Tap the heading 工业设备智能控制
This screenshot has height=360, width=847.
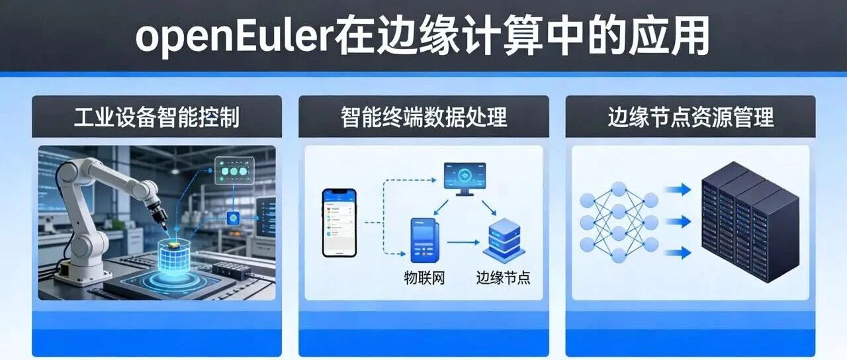coord(157,117)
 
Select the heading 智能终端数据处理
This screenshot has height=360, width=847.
coord(423,117)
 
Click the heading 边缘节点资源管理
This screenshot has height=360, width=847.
coord(690,117)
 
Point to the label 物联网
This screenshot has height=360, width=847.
coord(424,277)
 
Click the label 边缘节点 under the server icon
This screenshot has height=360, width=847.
coord(503,277)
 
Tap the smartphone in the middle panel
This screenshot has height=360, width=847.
coord(339,223)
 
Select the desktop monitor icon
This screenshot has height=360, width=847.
coord(465,179)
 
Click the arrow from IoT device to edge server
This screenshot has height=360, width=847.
coord(463,242)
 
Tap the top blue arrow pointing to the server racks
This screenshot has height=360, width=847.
coord(678,189)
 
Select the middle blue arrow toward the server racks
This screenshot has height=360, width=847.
coord(678,221)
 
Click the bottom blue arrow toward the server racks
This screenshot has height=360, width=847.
coord(678,253)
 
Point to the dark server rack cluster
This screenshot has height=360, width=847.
coord(750,222)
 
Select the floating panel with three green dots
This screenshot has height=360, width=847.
coord(234,171)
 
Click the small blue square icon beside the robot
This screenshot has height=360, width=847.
coord(233,218)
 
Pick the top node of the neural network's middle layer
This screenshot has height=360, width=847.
coord(619,189)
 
